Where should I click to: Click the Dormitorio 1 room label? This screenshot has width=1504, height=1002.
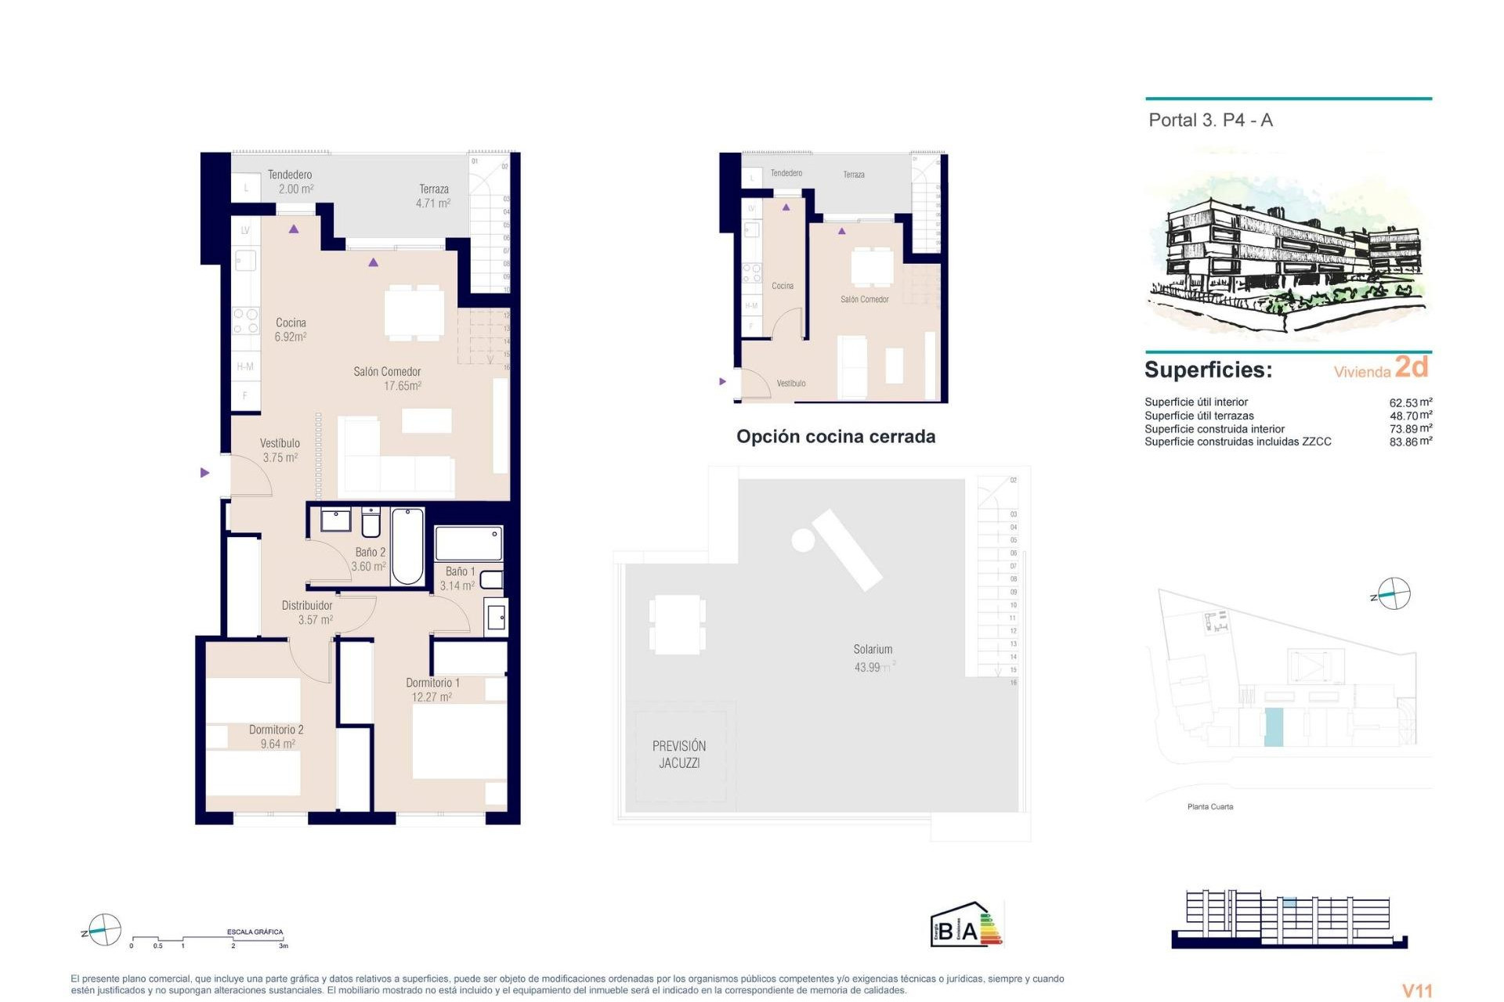(432, 683)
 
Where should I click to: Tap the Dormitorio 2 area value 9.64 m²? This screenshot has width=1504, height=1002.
(277, 744)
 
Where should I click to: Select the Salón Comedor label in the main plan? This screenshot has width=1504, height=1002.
(387, 372)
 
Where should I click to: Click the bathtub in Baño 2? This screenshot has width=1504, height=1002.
(407, 546)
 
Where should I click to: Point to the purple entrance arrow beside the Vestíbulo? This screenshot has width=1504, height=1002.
(204, 473)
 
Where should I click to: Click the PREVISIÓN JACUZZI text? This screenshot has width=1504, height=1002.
(679, 755)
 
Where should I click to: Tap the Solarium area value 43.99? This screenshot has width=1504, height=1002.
(868, 668)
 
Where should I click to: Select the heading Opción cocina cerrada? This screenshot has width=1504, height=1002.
(835, 437)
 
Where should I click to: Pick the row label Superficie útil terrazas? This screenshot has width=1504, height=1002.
(1198, 416)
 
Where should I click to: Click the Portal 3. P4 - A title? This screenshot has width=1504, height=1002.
(1210, 121)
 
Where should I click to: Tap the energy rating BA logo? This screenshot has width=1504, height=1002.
(965, 925)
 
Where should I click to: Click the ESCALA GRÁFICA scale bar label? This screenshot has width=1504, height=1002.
(255, 932)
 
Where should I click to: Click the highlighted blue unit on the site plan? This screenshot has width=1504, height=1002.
(1274, 726)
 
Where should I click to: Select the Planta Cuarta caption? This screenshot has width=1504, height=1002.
(1209, 807)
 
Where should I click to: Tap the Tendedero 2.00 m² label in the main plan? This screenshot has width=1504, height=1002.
(291, 182)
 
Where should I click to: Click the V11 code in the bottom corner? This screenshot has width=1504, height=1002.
(1416, 990)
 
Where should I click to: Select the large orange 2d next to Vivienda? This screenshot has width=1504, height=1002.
(1412, 366)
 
